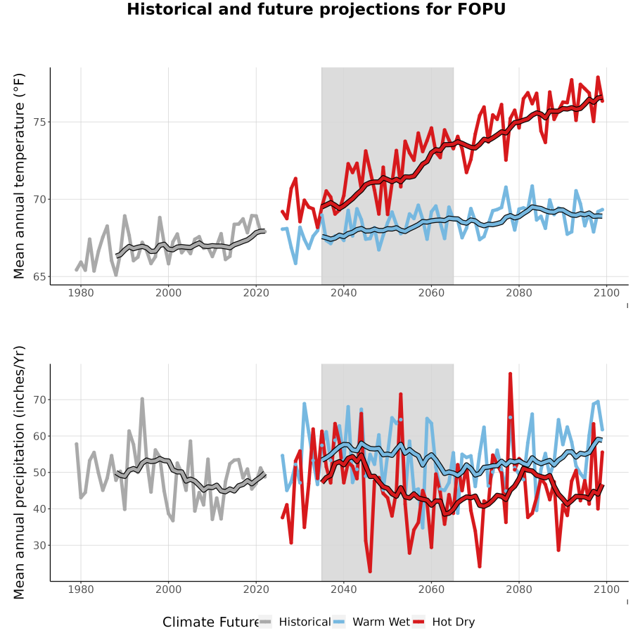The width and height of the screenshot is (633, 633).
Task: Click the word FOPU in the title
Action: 481,9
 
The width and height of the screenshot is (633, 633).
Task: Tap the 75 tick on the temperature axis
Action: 39,122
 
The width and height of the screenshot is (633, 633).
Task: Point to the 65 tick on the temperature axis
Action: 39,277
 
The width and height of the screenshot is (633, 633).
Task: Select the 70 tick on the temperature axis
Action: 39,200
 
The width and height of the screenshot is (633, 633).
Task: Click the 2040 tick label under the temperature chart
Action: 343,293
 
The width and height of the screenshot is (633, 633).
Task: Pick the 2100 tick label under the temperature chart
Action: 606,293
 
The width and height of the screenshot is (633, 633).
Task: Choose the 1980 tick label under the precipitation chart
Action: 81,589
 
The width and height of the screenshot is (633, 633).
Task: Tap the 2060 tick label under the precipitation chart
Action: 431,589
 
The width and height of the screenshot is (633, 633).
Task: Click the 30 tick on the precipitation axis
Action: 39,545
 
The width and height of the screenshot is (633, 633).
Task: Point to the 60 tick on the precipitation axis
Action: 39,436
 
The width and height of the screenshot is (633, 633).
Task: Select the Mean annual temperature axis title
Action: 19,176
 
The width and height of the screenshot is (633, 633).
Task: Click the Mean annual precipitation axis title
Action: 19,473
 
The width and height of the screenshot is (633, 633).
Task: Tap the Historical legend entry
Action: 295,622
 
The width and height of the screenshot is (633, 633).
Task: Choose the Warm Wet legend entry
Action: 371,622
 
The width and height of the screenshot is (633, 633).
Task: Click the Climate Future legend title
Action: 211,622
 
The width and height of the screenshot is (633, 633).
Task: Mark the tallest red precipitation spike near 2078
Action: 511,374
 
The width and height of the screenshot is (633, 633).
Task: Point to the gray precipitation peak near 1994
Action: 142,399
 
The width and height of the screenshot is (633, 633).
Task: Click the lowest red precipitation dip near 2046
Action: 370,571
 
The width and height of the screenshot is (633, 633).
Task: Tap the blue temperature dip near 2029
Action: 295,263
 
